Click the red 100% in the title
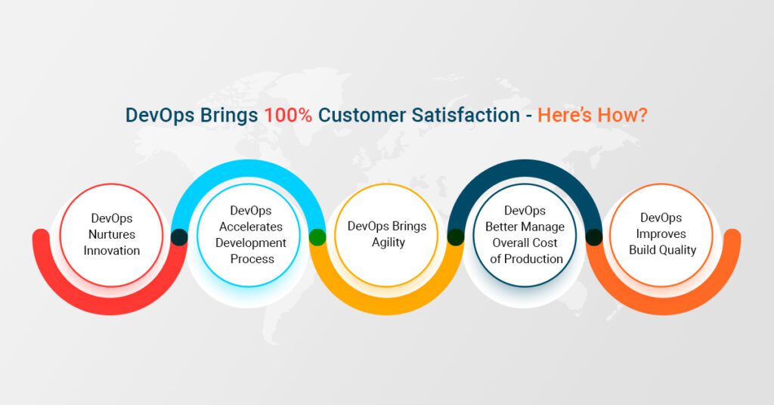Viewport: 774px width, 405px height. [x=288, y=116]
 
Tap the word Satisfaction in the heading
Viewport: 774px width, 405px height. [x=466, y=116]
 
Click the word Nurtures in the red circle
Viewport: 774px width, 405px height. [x=112, y=234]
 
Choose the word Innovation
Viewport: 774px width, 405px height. [x=112, y=251]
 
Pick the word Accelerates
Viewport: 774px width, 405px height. [x=251, y=227]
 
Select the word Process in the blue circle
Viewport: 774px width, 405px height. [x=252, y=259]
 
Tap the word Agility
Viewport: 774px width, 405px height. [x=388, y=243]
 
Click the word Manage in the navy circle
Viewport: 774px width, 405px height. [x=545, y=227]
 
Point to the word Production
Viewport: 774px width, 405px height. [x=533, y=259]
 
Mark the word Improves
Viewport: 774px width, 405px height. [x=661, y=234]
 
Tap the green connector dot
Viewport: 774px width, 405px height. [x=317, y=237]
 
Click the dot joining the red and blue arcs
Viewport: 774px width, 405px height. [x=179, y=237]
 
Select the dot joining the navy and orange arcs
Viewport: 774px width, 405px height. [x=594, y=237]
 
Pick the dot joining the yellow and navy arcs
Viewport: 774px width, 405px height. [x=456, y=237]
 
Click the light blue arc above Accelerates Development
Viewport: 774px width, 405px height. [x=249, y=168]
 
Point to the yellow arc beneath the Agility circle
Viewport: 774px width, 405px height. [x=387, y=307]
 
